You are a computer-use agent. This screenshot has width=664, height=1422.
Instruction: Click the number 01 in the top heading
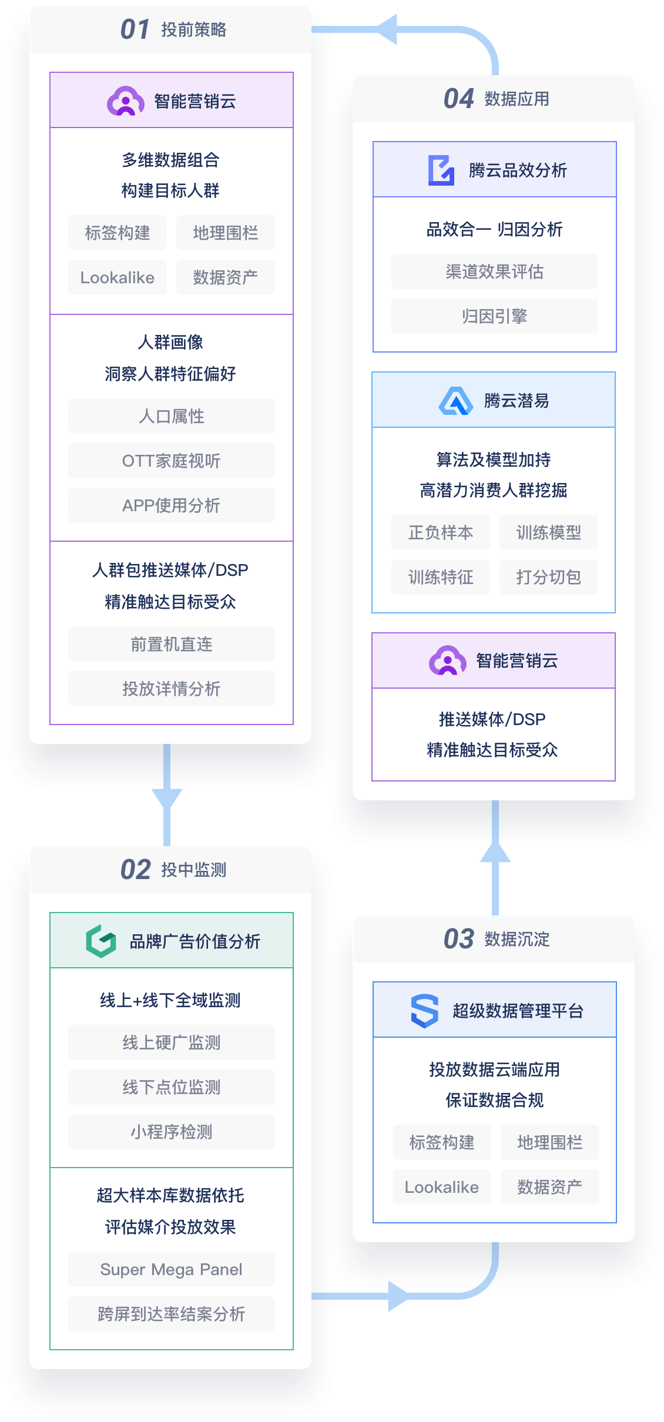pyautogui.click(x=135, y=29)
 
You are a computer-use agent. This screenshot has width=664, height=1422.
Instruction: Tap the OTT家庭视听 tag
pyautogui.click(x=171, y=461)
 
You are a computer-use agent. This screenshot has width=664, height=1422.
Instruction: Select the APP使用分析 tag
pyautogui.click(x=171, y=505)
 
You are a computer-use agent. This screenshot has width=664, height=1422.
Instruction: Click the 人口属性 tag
pyautogui.click(x=171, y=416)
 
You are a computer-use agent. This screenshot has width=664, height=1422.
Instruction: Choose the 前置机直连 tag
pyautogui.click(x=171, y=644)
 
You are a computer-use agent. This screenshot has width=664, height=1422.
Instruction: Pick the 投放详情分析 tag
pyautogui.click(x=171, y=689)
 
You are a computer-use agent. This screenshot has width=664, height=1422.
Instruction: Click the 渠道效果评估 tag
pyautogui.click(x=494, y=271)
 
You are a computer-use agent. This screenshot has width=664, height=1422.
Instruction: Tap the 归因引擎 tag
pyautogui.click(x=494, y=316)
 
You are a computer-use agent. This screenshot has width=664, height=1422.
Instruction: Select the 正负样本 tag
pyautogui.click(x=440, y=532)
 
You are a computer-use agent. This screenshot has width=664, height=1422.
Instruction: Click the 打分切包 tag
pyautogui.click(x=548, y=577)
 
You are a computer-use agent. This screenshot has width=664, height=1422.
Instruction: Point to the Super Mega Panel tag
pyautogui.click(x=171, y=1269)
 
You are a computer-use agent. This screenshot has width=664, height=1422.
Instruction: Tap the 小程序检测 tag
pyautogui.click(x=171, y=1132)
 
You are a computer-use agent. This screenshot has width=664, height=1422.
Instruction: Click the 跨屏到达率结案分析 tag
pyautogui.click(x=171, y=1314)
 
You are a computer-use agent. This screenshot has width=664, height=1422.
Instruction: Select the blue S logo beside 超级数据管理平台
pyautogui.click(x=425, y=1011)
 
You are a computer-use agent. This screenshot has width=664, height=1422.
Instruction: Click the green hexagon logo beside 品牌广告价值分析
pyautogui.click(x=101, y=941)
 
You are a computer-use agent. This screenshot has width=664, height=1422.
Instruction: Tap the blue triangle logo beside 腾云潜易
pyautogui.click(x=455, y=401)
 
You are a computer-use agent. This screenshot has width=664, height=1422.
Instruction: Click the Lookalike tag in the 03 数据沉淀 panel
pyautogui.click(x=441, y=1187)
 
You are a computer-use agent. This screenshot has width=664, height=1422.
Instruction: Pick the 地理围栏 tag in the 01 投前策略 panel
pyautogui.click(x=225, y=233)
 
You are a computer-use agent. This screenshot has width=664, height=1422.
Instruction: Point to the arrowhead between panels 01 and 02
pyautogui.click(x=167, y=799)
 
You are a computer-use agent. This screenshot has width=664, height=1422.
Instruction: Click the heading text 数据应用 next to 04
pyautogui.click(x=517, y=99)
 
